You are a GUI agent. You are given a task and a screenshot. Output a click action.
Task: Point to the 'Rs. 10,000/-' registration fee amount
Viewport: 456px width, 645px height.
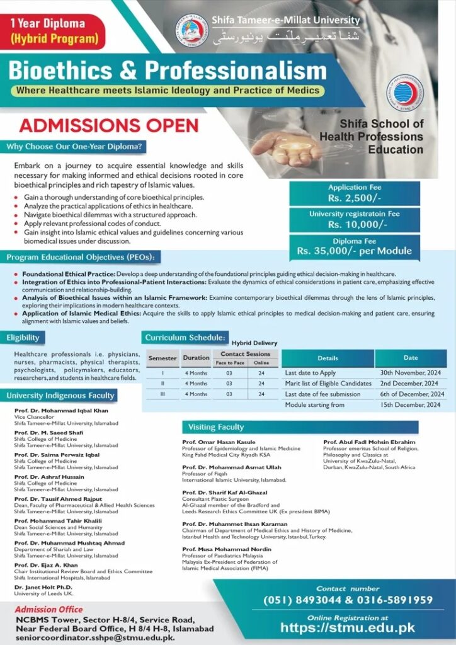click(x=355, y=225)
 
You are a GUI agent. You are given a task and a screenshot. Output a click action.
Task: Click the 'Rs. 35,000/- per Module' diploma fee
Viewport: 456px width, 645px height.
click(x=355, y=251)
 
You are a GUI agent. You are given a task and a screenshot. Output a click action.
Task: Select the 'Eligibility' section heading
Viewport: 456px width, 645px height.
click(x=23, y=338)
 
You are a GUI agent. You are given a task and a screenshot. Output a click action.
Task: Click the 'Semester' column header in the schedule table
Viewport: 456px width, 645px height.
click(x=162, y=358)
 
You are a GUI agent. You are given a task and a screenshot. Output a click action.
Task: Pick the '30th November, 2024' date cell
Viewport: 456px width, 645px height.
click(x=410, y=373)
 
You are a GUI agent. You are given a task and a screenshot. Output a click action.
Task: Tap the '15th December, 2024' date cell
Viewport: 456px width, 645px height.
click(x=410, y=404)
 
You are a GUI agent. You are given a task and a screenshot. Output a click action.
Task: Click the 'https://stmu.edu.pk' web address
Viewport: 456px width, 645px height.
click(x=347, y=627)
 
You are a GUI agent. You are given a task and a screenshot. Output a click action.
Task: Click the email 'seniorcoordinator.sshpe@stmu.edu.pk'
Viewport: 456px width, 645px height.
click(x=94, y=637)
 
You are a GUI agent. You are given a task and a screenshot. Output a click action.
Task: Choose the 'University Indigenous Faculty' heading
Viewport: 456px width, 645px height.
click(x=61, y=396)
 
